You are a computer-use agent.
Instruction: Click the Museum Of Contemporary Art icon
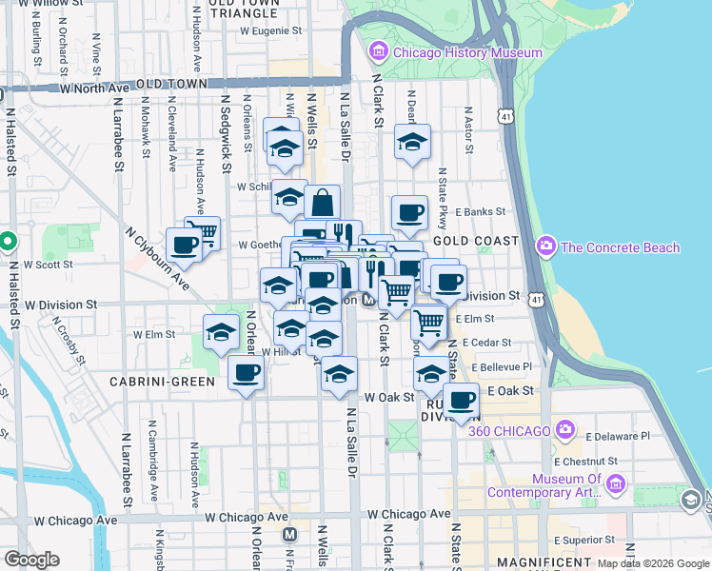pos(615,487)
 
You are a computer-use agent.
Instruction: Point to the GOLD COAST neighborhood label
pos(481,242)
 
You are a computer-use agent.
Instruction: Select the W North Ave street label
pos(93,88)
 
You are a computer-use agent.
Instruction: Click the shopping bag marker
pos(323,203)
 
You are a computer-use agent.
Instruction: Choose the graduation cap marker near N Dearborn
pos(412,143)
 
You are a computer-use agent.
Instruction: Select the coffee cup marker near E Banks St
pos(410,213)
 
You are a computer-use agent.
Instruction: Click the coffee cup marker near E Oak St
pos(462,401)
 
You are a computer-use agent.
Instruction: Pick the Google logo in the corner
pos(30,560)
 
